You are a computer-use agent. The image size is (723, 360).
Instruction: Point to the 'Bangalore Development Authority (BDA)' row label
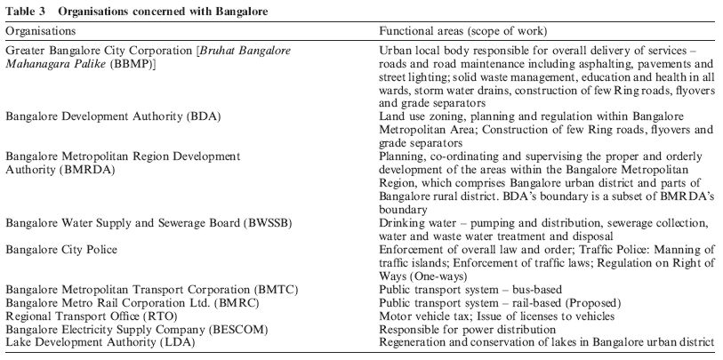pyautogui.click(x=113, y=117)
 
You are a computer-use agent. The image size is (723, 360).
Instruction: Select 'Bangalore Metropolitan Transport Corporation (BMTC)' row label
pyautogui.click(x=151, y=290)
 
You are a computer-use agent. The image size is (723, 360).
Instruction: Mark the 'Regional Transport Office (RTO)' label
pyautogui.click(x=93, y=316)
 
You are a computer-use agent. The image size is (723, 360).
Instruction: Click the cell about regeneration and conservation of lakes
pyautogui.click(x=546, y=341)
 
